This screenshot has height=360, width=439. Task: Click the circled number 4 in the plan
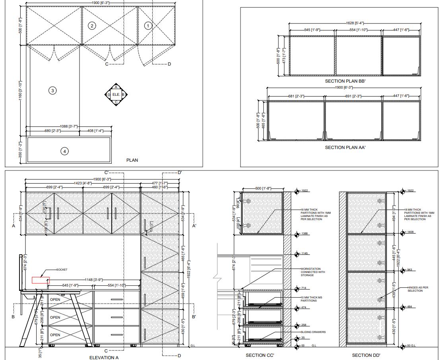(64, 151)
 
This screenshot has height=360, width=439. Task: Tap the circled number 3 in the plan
(52, 90)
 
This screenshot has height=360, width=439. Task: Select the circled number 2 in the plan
(92, 26)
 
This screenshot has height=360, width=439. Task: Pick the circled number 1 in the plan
(148, 26)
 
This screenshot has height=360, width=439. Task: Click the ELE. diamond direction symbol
(116, 95)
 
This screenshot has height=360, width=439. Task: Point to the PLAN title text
(132, 160)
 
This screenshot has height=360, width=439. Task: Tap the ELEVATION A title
(104, 358)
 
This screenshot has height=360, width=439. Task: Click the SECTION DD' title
(366, 355)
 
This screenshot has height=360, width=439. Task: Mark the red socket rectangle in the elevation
(41, 280)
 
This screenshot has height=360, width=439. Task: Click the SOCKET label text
(62, 270)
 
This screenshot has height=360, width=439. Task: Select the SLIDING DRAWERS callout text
(313, 332)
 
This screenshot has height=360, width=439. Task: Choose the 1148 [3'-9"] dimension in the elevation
(93, 280)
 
